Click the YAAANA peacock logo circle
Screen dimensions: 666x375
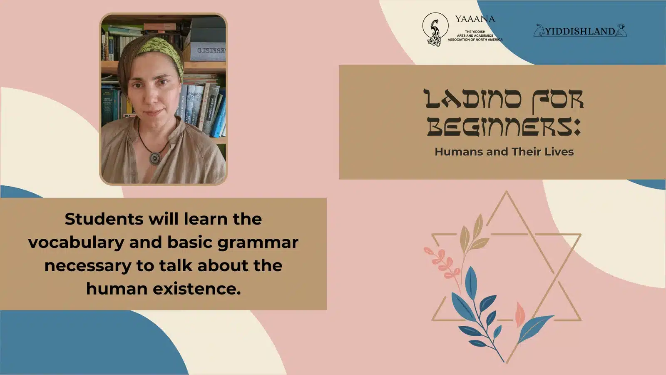(435, 29)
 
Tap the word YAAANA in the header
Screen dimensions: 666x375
(475, 19)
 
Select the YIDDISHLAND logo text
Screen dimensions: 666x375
(580, 31)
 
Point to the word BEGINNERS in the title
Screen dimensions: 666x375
(500, 127)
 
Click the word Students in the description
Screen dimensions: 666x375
(104, 219)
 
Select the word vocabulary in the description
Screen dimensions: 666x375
(76, 243)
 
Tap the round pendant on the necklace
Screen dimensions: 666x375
(155, 158)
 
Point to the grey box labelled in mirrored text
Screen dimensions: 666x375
(206, 52)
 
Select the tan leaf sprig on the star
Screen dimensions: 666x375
(473, 235)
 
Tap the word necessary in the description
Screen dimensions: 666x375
(88, 266)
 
